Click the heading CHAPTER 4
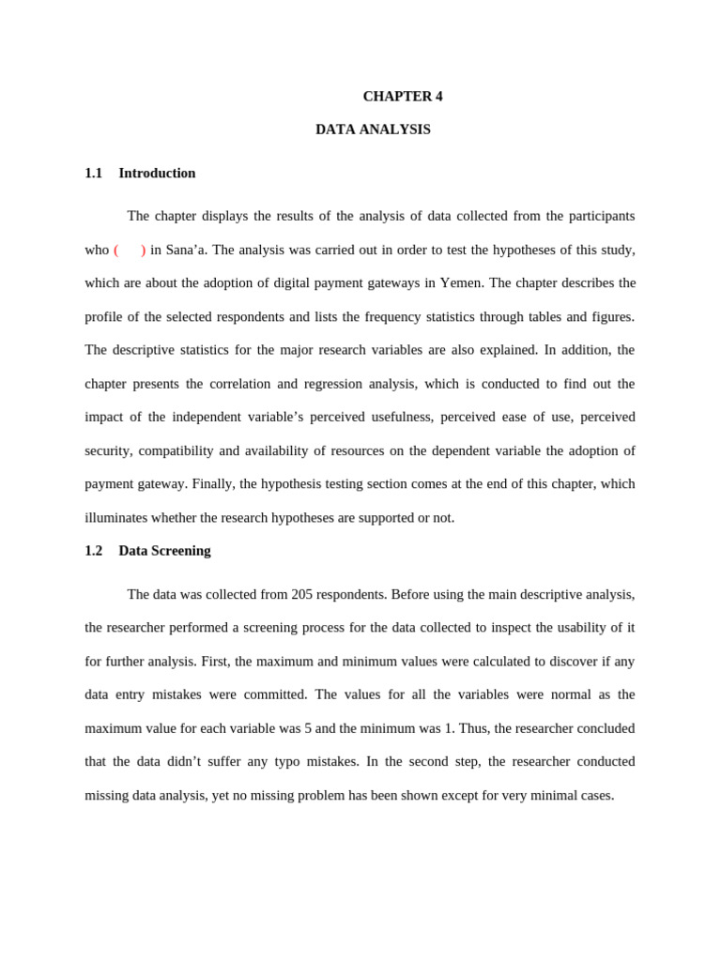pyautogui.click(x=402, y=96)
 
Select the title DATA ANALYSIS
pyautogui.click(x=373, y=130)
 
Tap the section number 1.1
pyautogui.click(x=93, y=173)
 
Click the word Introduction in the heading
pyautogui.click(x=157, y=173)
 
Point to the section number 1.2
pyautogui.click(x=93, y=551)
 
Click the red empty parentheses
pyautogui.click(x=130, y=250)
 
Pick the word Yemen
pyautogui.click(x=460, y=282)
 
